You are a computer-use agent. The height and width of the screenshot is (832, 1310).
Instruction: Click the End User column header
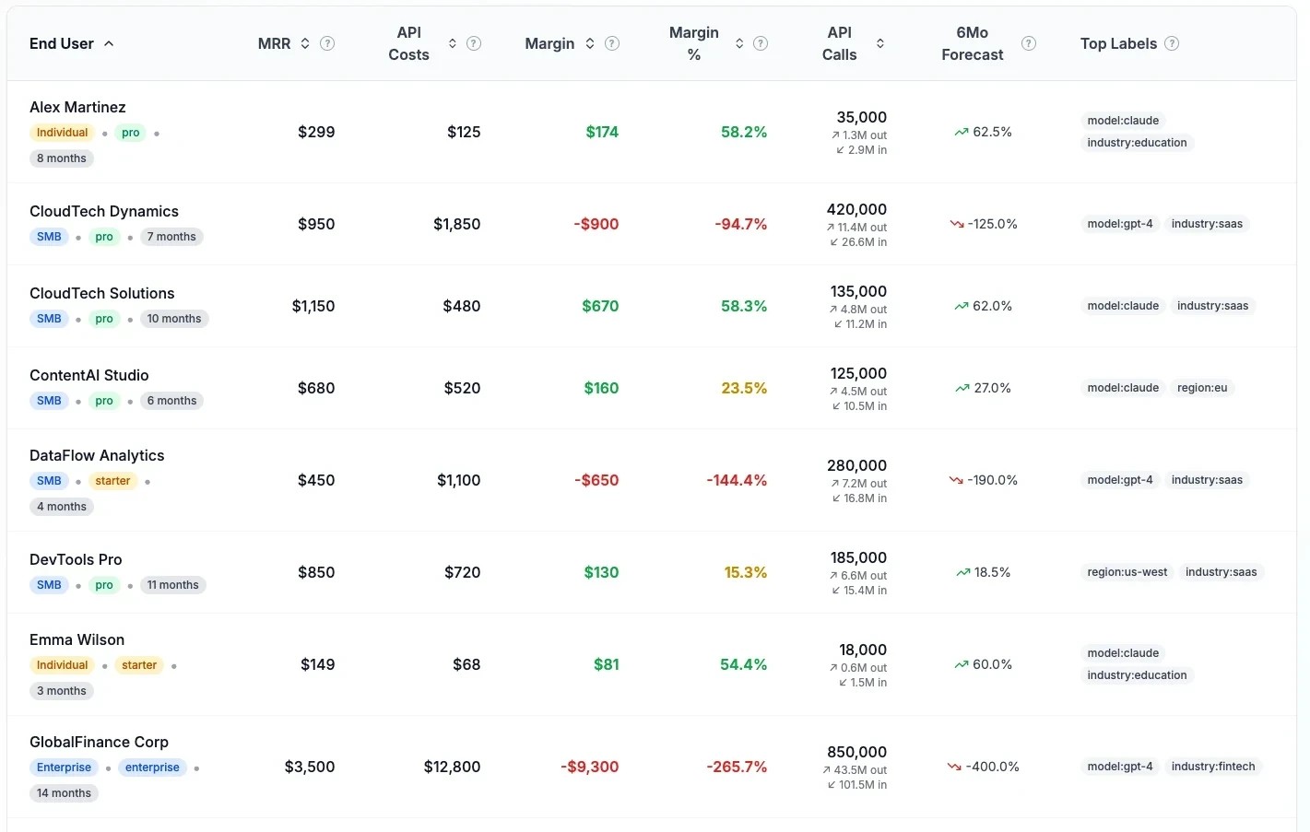[62, 43]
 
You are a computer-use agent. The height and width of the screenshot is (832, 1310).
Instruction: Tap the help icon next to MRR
[327, 43]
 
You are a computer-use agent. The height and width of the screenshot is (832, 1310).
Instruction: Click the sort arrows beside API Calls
[880, 43]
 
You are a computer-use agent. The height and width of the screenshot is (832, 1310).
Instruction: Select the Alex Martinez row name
[77, 107]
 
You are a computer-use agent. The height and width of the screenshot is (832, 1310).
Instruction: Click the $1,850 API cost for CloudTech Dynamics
[456, 224]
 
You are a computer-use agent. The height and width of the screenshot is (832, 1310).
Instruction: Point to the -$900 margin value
[596, 224]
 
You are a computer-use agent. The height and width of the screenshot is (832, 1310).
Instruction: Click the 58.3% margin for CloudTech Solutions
[743, 306]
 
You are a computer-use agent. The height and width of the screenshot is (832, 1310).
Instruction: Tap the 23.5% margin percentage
[743, 388]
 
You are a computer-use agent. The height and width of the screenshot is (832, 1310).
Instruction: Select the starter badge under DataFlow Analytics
[112, 481]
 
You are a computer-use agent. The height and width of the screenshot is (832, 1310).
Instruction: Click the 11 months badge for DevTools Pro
[172, 585]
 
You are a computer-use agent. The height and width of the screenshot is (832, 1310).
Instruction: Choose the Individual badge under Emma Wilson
[62, 665]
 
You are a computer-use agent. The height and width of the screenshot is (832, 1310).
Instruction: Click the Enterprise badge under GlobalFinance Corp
[64, 768]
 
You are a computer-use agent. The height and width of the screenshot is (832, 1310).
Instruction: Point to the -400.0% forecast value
[992, 767]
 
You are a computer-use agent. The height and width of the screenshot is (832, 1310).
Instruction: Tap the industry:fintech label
[1212, 767]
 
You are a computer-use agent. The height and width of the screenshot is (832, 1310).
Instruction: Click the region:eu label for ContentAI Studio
[1201, 388]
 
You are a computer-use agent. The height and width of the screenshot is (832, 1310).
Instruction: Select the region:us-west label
[1127, 572]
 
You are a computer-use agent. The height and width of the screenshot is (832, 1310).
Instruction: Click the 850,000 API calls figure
[856, 752]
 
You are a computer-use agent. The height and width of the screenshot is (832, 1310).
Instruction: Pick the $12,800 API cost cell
[452, 767]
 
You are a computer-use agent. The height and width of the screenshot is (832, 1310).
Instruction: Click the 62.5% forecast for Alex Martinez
[992, 132]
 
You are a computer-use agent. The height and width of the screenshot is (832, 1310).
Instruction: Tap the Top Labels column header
[1118, 43]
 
